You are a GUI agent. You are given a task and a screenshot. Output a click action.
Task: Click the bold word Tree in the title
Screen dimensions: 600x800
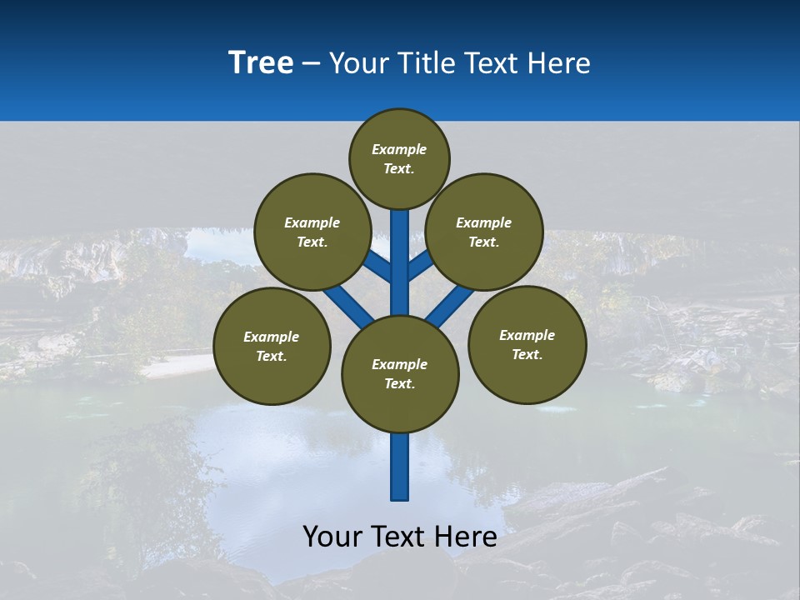(261, 62)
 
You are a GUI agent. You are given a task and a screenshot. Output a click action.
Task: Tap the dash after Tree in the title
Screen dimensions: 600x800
(311, 63)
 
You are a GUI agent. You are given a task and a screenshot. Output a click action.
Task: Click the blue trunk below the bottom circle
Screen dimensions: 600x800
(400, 467)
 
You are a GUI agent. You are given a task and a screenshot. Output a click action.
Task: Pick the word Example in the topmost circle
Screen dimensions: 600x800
(399, 150)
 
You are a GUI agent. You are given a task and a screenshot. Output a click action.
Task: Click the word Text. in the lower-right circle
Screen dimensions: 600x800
(527, 354)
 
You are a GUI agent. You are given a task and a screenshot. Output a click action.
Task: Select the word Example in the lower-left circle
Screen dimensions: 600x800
(271, 337)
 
